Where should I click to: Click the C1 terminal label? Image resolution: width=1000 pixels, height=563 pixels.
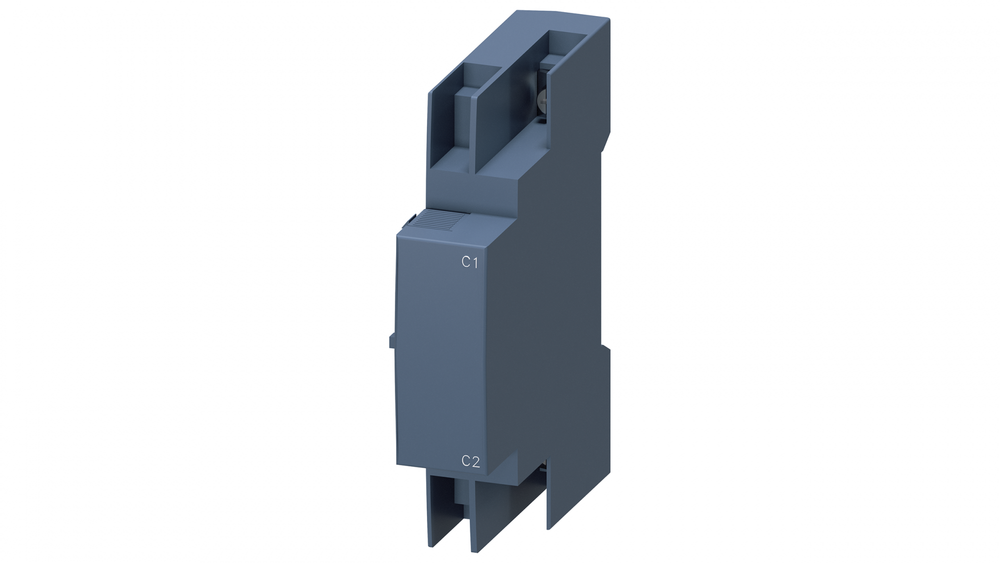tap(469, 262)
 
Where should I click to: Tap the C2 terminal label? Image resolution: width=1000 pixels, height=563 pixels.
tap(470, 461)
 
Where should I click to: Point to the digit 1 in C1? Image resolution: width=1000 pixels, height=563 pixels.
tap(475, 262)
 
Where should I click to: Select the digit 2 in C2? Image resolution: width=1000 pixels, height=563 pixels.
tap(475, 461)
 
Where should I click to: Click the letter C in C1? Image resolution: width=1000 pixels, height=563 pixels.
tap(465, 262)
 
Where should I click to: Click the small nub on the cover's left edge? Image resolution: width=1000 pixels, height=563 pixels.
tap(391, 341)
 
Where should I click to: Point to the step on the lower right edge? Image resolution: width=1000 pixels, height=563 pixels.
tap(606, 348)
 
